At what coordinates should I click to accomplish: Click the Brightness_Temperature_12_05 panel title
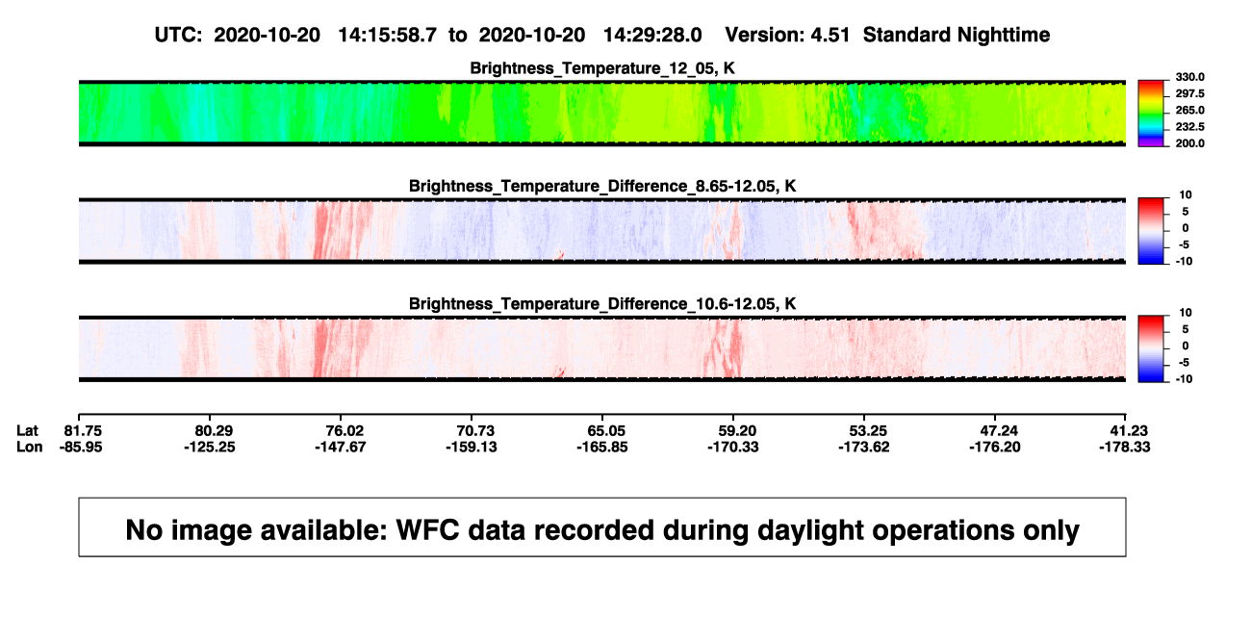[602, 68]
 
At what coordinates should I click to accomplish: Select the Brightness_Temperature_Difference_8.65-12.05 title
[602, 186]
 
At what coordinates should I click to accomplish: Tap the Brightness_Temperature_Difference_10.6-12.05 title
[602, 304]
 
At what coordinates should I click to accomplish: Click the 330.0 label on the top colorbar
[1189, 77]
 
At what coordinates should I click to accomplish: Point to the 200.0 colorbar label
[1189, 143]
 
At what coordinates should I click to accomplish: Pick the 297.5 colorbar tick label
[1189, 93]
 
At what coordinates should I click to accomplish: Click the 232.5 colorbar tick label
[1189, 127]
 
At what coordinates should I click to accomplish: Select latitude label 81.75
[83, 431]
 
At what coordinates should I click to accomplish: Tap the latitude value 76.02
[345, 431]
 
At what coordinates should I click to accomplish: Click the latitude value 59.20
[737, 431]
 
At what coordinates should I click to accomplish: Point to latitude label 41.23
[1128, 431]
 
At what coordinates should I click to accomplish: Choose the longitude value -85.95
[81, 447]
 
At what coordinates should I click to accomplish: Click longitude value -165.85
[602, 447]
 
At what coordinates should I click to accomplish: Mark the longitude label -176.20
[995, 447]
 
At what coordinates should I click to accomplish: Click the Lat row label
[27, 431]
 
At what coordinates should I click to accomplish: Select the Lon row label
[30, 447]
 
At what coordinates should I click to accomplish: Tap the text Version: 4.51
[787, 36]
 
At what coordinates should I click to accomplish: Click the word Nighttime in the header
[1003, 36]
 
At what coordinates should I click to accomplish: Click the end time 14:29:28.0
[652, 36]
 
